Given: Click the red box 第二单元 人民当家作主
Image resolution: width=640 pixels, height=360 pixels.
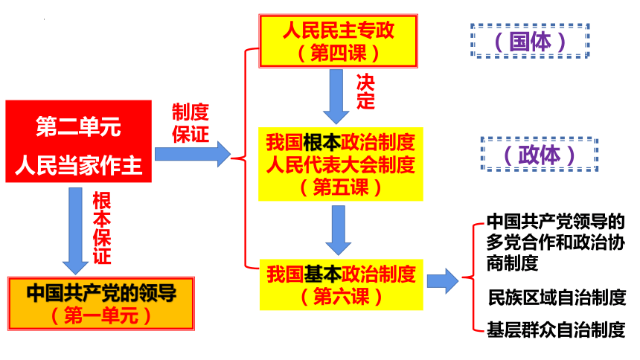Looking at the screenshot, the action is coord(78,141).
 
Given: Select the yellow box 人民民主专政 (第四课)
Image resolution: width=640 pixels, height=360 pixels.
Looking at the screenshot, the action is coord(338,41).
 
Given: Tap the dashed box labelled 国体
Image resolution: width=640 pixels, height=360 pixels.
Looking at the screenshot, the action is coord(530,41).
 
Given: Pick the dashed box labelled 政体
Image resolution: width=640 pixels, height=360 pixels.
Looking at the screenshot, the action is coord(540,154).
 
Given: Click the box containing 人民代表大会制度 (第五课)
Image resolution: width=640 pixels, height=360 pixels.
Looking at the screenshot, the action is coord(340,164).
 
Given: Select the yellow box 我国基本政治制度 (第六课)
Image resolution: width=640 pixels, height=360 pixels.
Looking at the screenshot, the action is coord(342,284).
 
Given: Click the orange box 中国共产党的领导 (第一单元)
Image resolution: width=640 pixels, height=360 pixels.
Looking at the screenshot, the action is coord(101,303).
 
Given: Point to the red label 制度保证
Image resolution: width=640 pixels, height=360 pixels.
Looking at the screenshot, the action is coord(191,123).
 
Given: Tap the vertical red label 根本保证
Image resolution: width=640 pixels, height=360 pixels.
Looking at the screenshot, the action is coord(102,228).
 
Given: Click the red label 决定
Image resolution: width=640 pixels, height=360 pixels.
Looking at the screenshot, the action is coord(365,91).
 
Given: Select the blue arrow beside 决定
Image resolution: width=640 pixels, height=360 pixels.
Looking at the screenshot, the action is coord(336,97).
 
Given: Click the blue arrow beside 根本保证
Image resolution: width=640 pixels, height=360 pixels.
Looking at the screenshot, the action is coord(75,231).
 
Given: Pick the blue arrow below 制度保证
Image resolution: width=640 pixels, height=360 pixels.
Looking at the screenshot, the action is coord(193,154).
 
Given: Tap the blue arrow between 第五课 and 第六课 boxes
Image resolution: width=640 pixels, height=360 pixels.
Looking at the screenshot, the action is coord(339,231).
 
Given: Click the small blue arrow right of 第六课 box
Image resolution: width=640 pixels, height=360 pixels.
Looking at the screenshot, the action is coord(443,281).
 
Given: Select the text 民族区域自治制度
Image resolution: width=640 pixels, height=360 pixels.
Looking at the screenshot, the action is coord(557,297).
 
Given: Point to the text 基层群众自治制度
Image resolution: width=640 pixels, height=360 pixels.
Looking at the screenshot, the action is coord(556,330).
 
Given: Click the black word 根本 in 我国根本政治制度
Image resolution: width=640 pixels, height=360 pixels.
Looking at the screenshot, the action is coord(321,142).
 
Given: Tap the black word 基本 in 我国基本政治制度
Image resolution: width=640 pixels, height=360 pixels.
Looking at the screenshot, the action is coord(322,274).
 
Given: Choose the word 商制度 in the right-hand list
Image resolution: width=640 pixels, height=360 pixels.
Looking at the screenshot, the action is coord(512,263).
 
